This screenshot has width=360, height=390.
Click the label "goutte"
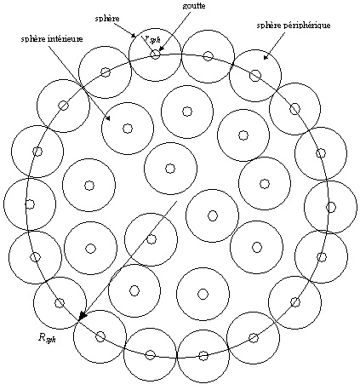pos(194,6)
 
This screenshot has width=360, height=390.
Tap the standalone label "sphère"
pos(107,19)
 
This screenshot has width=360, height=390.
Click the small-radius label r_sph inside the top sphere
pos(151,40)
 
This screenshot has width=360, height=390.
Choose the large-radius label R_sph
pos(47,337)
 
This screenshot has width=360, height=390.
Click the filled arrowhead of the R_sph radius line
pos(82,316)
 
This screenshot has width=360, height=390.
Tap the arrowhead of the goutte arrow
pos(160,49)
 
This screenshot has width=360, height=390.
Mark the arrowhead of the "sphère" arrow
pos(134,36)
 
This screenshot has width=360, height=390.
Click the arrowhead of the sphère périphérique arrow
pos(266,57)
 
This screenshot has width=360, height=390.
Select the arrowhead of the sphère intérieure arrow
pos(108,118)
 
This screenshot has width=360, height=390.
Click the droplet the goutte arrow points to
pos(155,54)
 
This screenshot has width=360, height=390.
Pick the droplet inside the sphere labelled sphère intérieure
pos(128,129)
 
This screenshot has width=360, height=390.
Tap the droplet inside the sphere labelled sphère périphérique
pos(255,75)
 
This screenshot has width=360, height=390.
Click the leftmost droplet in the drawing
pos(30,204)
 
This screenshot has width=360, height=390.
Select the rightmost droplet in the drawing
pos(330,207)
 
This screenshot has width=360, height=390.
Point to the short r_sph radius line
pos(147,44)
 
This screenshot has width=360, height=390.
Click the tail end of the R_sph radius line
pos(176,202)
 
